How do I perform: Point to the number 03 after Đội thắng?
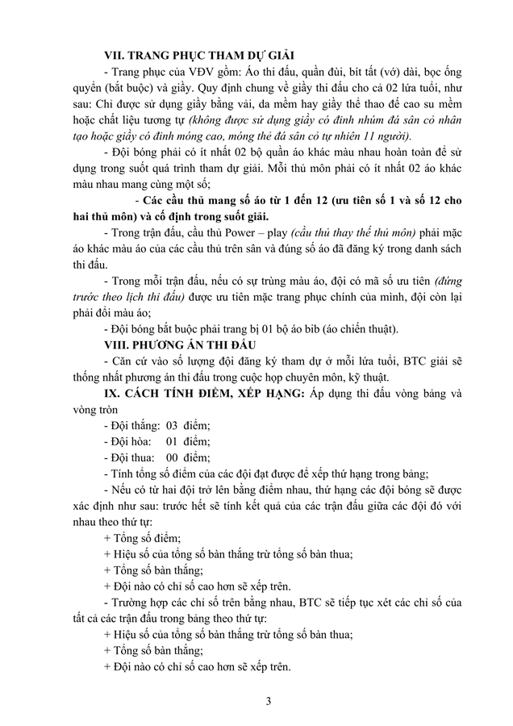pyautogui.click(x=173, y=425)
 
